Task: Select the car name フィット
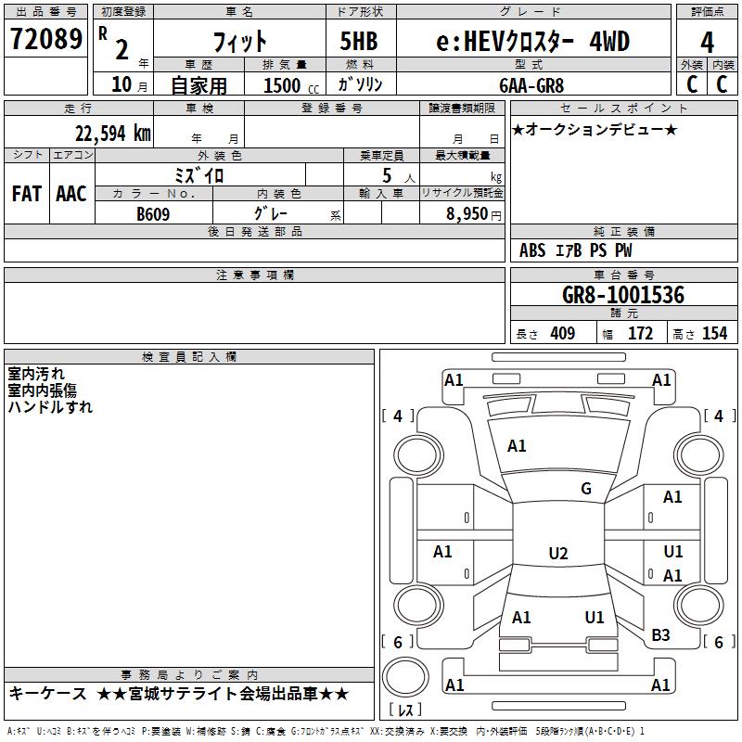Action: pyautogui.click(x=239, y=41)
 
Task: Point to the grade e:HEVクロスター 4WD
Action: pyautogui.click(x=532, y=41)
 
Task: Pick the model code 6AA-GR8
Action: pyautogui.click(x=531, y=85)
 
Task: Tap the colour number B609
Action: pyautogui.click(x=154, y=213)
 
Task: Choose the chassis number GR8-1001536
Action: pyautogui.click(x=623, y=295)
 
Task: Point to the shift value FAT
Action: pyautogui.click(x=26, y=194)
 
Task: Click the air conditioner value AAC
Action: pyautogui.click(x=70, y=194)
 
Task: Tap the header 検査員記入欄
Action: pyautogui.click(x=189, y=357)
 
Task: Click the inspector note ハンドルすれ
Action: pyautogui.click(x=50, y=406)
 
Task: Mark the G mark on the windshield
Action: pyautogui.click(x=585, y=489)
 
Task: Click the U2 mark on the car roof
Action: pyautogui.click(x=557, y=554)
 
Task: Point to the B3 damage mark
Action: pyautogui.click(x=660, y=635)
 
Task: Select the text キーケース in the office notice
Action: pyautogui.click(x=48, y=693)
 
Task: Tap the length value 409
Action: pyautogui.click(x=561, y=333)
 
